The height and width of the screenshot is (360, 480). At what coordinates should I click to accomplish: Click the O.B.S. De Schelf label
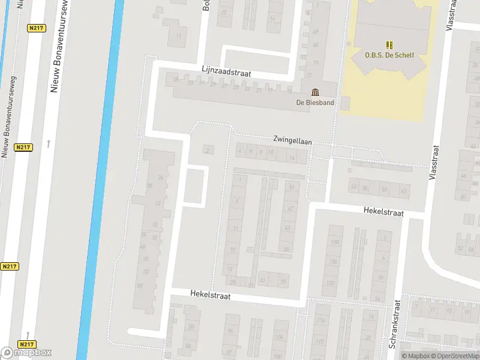(x=389, y=55)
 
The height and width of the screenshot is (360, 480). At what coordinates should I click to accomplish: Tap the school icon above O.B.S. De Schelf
(x=389, y=44)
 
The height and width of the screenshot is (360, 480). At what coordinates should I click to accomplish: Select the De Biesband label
(x=315, y=102)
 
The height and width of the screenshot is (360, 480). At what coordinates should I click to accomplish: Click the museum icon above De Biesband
(x=315, y=92)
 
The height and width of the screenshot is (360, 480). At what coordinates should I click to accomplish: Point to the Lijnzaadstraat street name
(x=226, y=72)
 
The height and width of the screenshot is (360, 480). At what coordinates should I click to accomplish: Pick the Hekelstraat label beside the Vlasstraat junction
(x=383, y=212)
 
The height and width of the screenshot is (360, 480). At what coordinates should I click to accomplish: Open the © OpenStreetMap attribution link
(x=454, y=356)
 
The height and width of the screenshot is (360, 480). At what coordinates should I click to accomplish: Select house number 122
(x=330, y=283)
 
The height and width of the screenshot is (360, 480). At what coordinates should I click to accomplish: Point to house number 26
(x=160, y=178)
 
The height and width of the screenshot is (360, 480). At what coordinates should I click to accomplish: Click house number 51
(x=292, y=187)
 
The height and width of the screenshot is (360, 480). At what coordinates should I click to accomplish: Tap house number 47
(x=290, y=208)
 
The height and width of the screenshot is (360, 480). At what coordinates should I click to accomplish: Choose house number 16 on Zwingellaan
(x=292, y=158)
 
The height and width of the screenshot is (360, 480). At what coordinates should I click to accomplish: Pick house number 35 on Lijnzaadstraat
(x=176, y=80)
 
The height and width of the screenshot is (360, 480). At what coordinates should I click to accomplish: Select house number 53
(x=353, y=187)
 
